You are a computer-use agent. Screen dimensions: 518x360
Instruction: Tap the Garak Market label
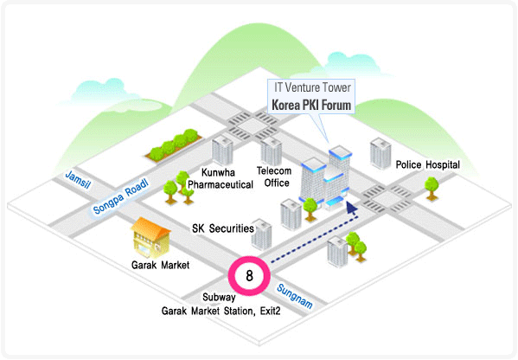[x=160, y=265]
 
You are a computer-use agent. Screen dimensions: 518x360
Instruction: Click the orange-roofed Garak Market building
[x=150, y=237]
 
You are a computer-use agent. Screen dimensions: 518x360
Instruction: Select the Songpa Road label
[x=121, y=196]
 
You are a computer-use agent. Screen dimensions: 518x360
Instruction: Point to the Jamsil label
[x=78, y=179]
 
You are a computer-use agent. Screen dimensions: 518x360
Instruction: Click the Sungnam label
[x=295, y=296]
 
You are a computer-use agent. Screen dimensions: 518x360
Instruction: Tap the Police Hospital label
[x=428, y=164]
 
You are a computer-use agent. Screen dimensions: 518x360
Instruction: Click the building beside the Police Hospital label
[x=381, y=154]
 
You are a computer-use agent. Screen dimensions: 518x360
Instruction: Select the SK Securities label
[x=223, y=228]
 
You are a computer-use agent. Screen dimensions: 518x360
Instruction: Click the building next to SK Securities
[x=261, y=234]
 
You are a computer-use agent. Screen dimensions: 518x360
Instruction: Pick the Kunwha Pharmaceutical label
[x=221, y=178]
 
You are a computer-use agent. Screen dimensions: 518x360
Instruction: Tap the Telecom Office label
[x=274, y=177]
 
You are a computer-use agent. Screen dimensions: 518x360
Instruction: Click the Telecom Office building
[x=272, y=151]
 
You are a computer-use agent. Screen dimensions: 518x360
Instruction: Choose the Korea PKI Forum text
[x=311, y=105]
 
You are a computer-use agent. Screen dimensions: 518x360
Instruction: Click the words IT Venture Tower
[x=312, y=87]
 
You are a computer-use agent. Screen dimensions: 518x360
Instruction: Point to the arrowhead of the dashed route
[x=351, y=209]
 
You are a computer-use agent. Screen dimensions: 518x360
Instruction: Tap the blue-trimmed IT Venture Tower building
[x=325, y=178]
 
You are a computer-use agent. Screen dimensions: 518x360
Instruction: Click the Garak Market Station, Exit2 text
[x=221, y=311]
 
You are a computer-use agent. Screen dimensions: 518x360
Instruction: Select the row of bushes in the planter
[x=174, y=145]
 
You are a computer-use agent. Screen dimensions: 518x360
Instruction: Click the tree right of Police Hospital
[x=432, y=189]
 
